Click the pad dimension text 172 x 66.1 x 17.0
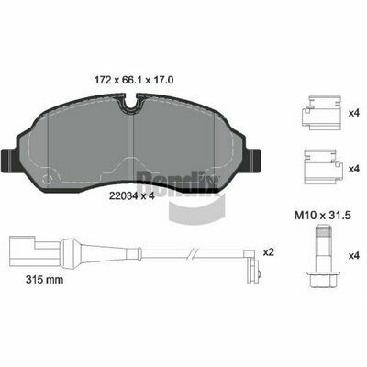[134, 80]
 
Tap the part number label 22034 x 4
[131, 196]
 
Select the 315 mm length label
[45, 279]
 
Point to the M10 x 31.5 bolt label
[323, 216]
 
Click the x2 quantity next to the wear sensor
[268, 252]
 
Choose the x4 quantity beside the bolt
[354, 256]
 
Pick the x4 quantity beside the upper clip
[354, 113]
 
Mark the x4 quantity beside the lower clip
[354, 169]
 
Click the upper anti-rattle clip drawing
[321, 113]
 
